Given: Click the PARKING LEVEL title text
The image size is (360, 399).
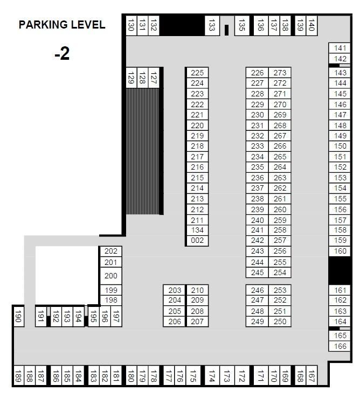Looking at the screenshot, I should [62, 25].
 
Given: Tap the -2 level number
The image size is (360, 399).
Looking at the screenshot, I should [62, 54].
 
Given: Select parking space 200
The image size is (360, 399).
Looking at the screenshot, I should [110, 276].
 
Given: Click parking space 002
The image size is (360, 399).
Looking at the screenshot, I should [198, 241].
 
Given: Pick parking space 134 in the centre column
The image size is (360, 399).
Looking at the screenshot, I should [198, 230].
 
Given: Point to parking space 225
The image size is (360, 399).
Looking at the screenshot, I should [198, 73].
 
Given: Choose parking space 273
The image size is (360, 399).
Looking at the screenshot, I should [280, 73].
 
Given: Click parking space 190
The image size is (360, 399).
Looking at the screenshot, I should [18, 317].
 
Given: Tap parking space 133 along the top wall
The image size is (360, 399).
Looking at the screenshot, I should [212, 25].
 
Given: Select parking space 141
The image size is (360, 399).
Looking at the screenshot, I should [340, 48].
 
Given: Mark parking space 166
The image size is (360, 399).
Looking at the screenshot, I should [340, 346].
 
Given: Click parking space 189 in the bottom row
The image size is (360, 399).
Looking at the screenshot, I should [18, 376].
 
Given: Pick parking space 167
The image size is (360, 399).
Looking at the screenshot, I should [311, 376].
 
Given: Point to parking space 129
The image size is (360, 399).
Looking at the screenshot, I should [131, 79].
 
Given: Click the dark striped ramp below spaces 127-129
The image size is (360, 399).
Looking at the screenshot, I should [143, 151].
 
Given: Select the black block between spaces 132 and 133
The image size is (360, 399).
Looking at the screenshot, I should [183, 25].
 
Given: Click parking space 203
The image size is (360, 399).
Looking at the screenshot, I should [175, 290].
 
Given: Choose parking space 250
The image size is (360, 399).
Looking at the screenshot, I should [280, 322].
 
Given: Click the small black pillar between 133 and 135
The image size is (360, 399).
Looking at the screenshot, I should [226, 30].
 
